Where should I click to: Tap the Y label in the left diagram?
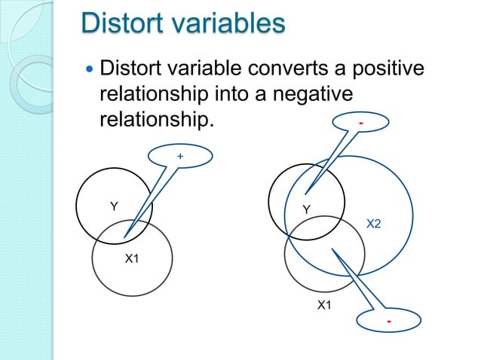pos(114,206)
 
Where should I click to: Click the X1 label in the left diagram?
pos(132,259)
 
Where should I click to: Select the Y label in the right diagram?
pos(306,209)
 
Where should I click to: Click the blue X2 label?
pos(374,224)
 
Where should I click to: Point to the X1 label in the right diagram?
pos(324,305)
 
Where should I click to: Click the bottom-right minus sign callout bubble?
pos(388,322)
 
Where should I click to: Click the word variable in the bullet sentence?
pos(195,71)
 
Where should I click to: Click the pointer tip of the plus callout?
pos(124,237)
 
